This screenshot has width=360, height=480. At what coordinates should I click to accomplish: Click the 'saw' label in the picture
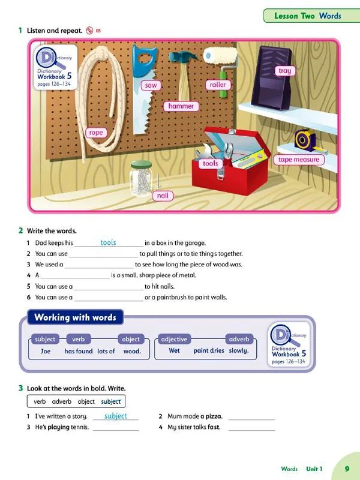pos(151,85)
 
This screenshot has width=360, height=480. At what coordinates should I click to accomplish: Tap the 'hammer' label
pos(181,106)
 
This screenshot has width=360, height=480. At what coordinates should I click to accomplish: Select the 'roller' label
pos(218,85)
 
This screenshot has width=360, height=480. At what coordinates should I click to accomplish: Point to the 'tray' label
pos(285,71)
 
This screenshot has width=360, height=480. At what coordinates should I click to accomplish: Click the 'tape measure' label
pos(299,160)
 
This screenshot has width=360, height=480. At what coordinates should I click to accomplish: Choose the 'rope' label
pos(95,133)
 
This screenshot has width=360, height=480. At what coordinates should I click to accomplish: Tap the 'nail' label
pos(163,196)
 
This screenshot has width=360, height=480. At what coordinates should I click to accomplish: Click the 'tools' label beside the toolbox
pos(210,163)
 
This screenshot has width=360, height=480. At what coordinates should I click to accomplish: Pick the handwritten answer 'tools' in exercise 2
pos(108,242)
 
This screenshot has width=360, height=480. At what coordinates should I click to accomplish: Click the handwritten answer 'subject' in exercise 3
pos(116,416)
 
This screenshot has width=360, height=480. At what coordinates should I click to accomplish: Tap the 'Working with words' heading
pos(75,317)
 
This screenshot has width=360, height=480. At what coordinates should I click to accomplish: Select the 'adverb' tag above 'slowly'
pos(239,339)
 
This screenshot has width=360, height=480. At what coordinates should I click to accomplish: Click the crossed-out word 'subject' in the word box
pos(111,401)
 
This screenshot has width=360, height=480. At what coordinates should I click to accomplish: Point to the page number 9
pos(347,469)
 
